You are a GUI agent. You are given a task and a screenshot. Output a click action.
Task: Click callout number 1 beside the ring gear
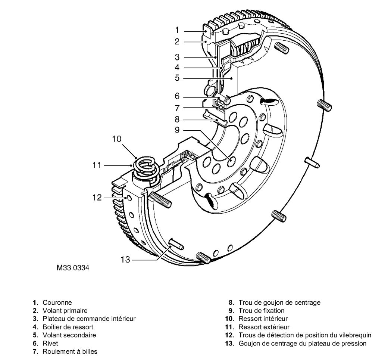click(177, 30)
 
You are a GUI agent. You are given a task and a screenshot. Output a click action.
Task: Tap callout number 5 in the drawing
click(177, 78)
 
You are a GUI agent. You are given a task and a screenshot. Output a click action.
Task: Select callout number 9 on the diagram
click(177, 131)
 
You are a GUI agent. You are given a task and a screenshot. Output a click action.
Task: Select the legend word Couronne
click(53, 302)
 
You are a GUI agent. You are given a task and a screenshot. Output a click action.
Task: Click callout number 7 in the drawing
click(177, 108)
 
